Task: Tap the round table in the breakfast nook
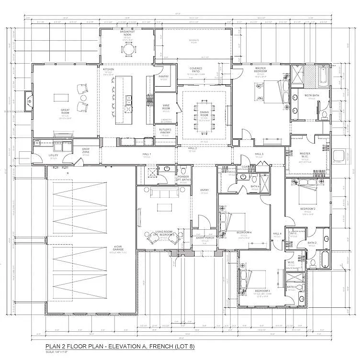click(128, 48)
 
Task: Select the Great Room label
click(65, 111)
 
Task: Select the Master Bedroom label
click(260, 70)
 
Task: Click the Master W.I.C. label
click(305, 155)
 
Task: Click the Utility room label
click(53, 156)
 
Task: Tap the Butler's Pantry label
click(165, 131)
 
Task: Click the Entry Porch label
click(204, 238)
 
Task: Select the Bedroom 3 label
click(262, 291)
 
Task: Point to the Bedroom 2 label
click(307, 209)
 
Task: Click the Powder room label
click(183, 178)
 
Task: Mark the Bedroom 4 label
click(244, 233)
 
